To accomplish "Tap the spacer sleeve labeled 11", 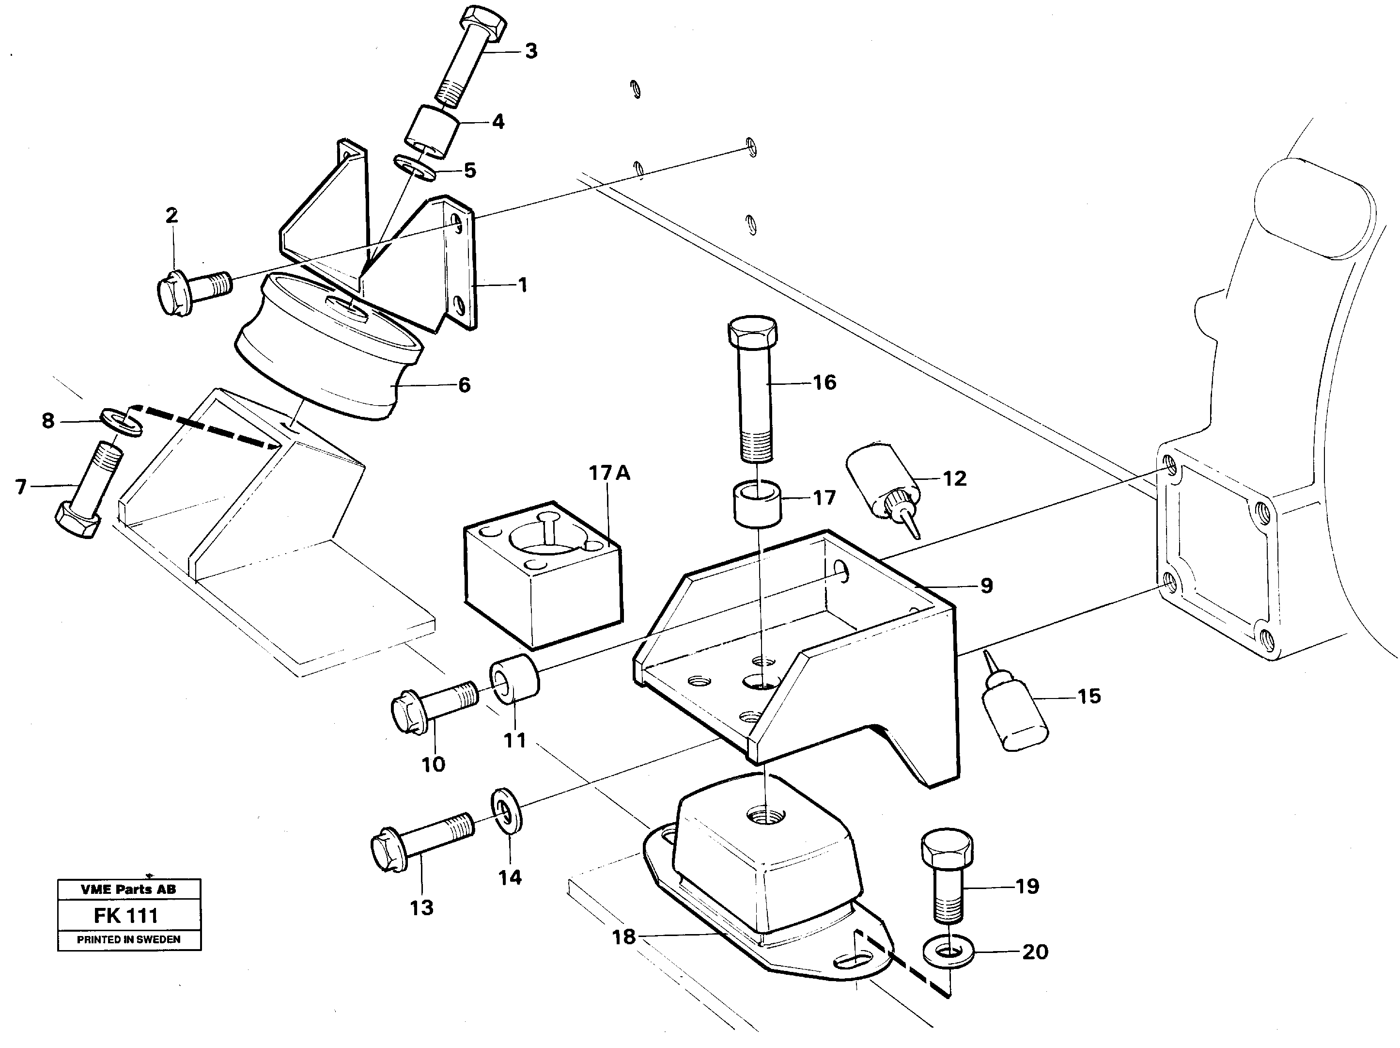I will click(514, 682).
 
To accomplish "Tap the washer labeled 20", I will click(948, 953).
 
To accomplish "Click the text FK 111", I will click(126, 915).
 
